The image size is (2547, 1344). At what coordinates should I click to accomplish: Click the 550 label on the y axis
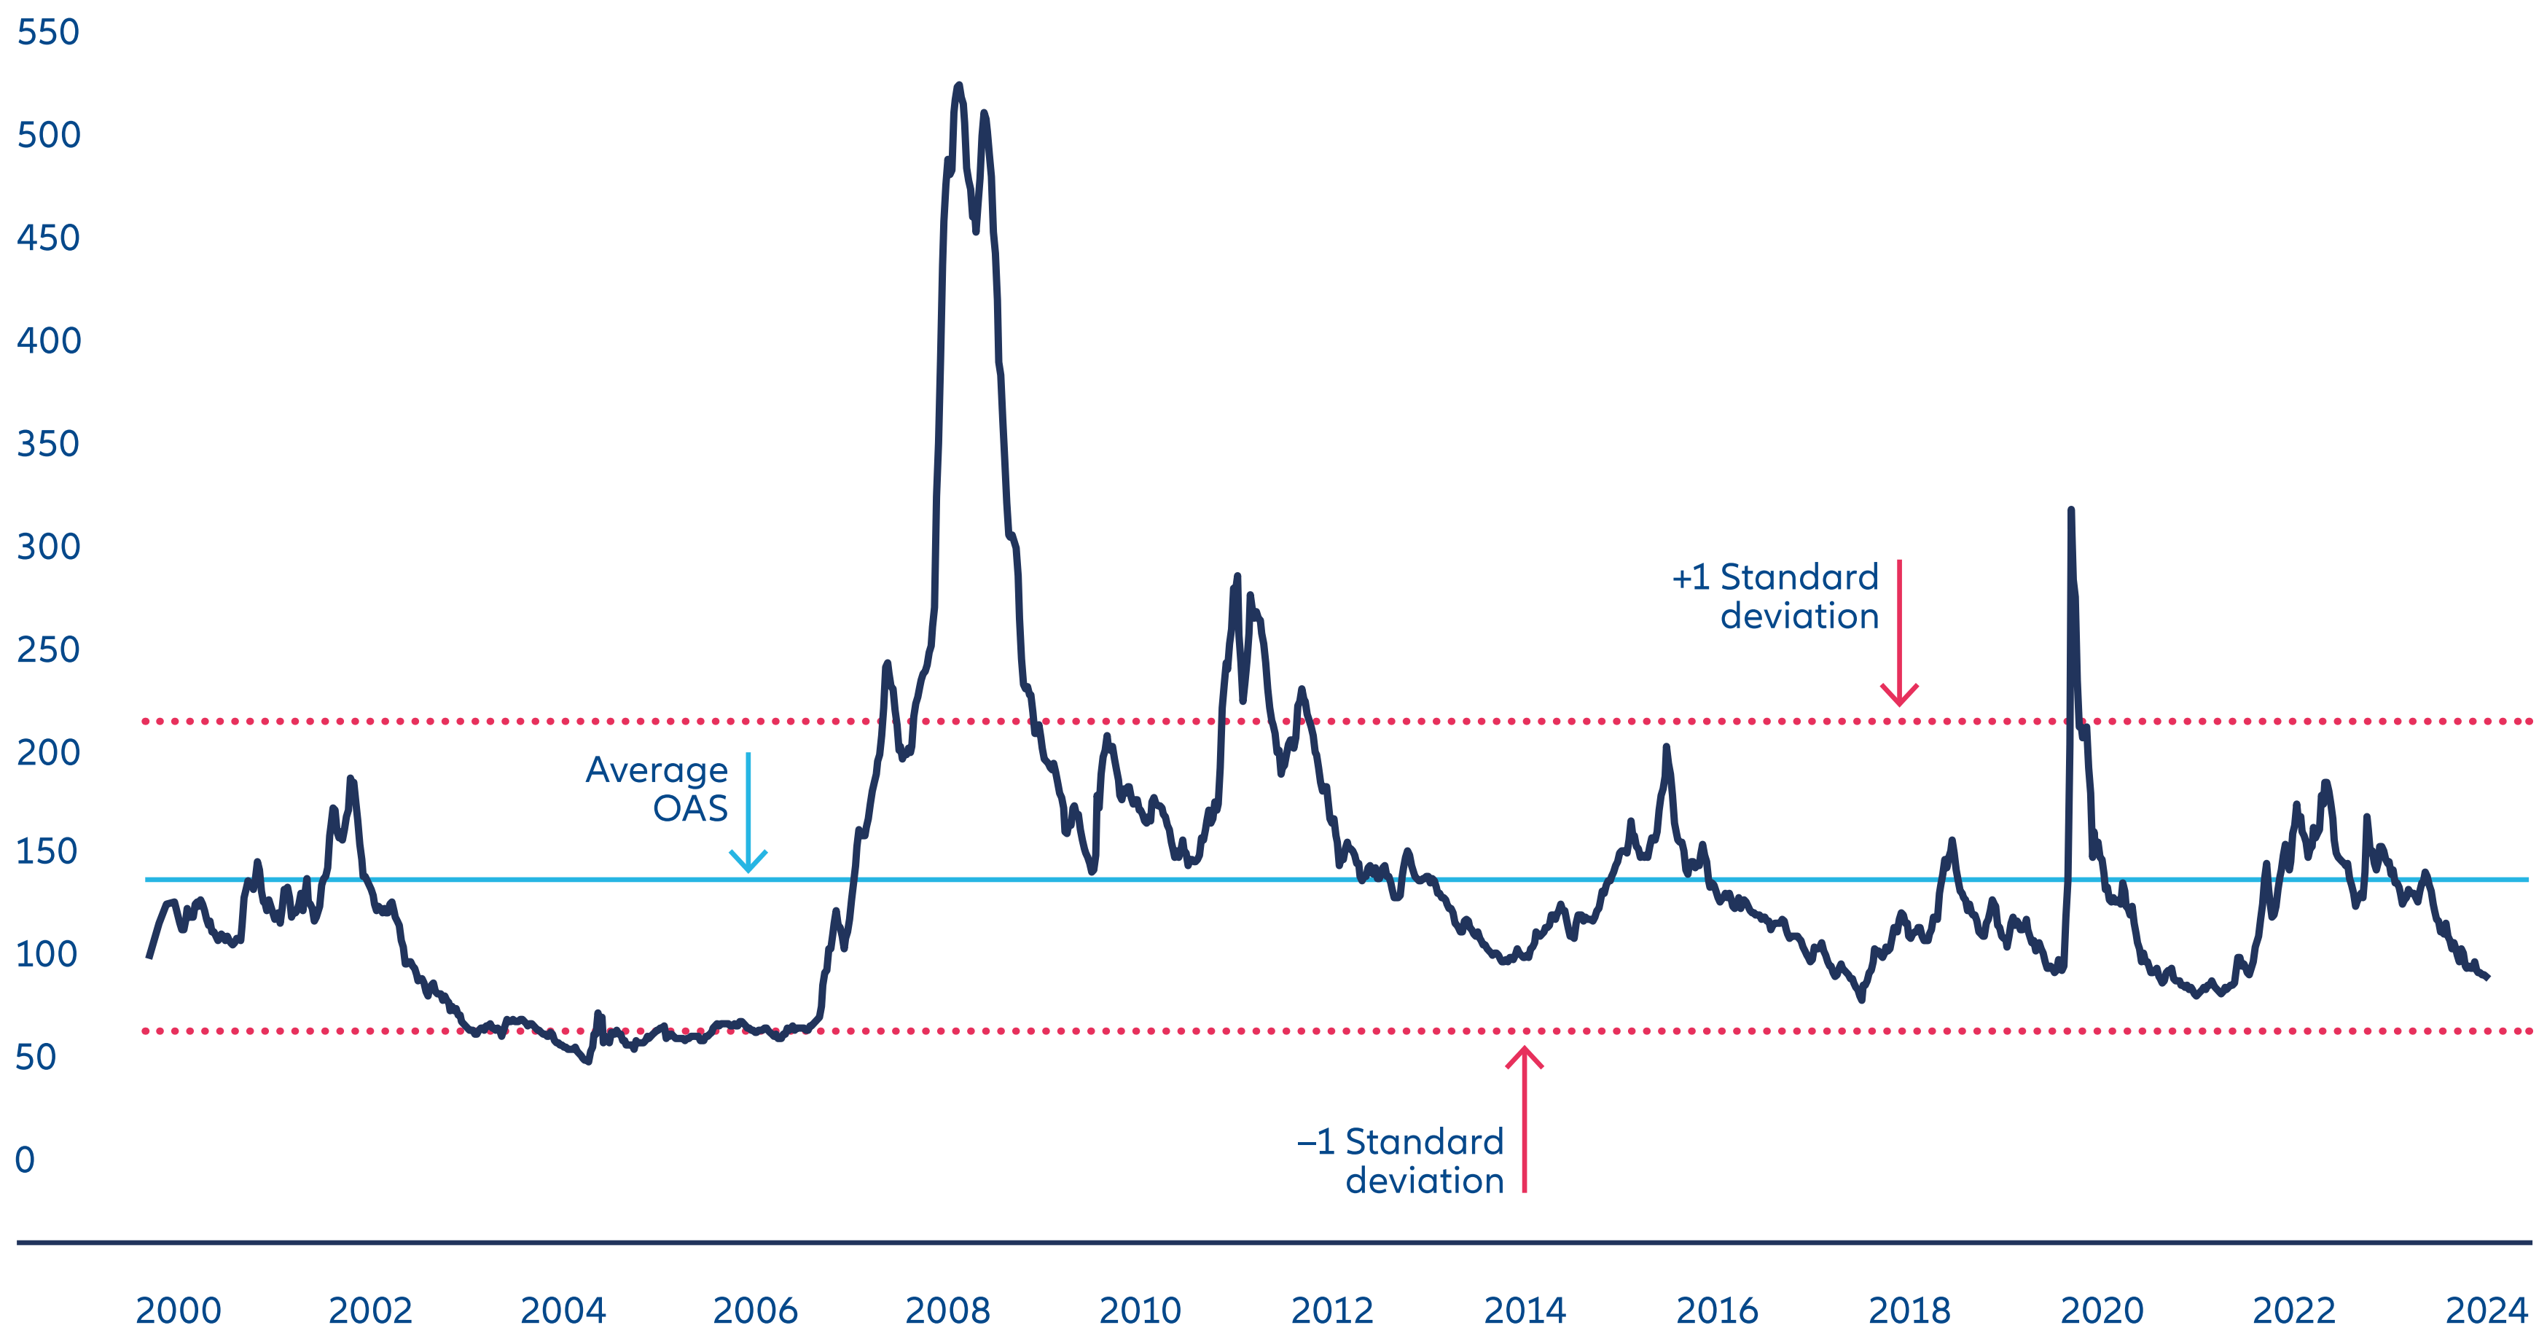click(47, 33)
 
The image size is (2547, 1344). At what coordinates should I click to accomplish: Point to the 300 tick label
click(47, 547)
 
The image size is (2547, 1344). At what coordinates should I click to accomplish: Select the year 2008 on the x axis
click(947, 1310)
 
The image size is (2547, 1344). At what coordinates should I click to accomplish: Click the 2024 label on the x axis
click(2486, 1310)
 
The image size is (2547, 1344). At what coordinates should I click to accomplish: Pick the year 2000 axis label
click(178, 1310)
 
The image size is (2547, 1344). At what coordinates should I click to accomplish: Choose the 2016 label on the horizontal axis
click(1716, 1310)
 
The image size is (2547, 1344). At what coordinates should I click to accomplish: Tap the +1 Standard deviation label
click(1776, 596)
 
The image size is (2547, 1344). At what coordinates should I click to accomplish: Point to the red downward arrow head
click(1899, 696)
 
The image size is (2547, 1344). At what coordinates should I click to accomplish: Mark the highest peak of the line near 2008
click(958, 86)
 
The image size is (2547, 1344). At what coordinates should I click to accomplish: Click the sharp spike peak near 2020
click(2070, 510)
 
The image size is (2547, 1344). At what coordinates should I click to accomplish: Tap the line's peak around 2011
click(1237, 576)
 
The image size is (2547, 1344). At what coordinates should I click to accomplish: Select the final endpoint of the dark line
click(2488, 977)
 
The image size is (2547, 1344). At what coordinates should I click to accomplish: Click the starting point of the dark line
click(149, 956)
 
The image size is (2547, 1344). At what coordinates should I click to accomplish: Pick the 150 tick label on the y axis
click(47, 851)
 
